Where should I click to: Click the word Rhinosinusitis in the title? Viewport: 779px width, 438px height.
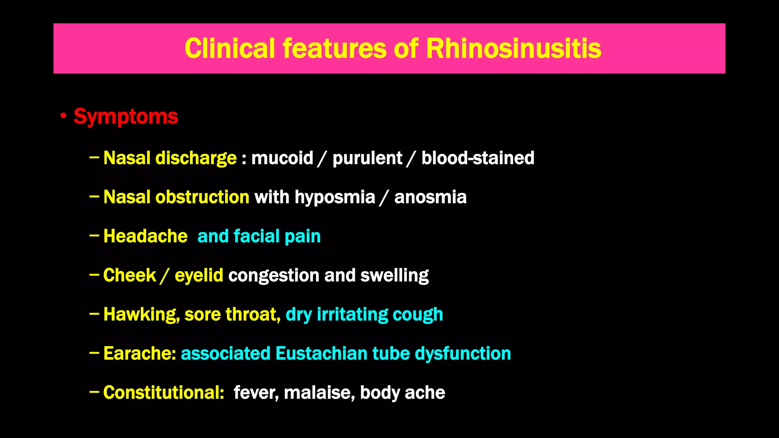point(513,49)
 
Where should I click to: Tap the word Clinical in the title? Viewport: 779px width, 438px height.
point(229,49)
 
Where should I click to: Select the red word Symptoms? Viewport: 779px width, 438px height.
point(126,116)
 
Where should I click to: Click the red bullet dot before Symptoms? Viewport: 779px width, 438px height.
point(64,116)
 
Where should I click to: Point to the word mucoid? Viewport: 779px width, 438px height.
point(282,158)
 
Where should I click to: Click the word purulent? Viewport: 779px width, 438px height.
point(367,158)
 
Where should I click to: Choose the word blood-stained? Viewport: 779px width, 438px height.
point(478,158)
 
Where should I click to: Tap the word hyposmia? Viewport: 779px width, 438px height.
point(335,197)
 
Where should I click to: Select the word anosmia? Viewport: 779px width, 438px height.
point(430,197)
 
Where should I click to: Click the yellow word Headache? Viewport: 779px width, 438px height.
point(145,236)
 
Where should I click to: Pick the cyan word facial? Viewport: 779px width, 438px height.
point(256,236)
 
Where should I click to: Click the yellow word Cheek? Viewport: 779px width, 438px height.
point(129,275)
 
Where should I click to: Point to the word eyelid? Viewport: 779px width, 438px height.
point(199,275)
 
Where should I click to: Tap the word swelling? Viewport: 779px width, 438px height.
point(394,275)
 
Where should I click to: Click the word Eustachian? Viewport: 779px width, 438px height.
point(321,354)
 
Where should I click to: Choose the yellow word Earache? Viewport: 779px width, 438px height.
point(139,354)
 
